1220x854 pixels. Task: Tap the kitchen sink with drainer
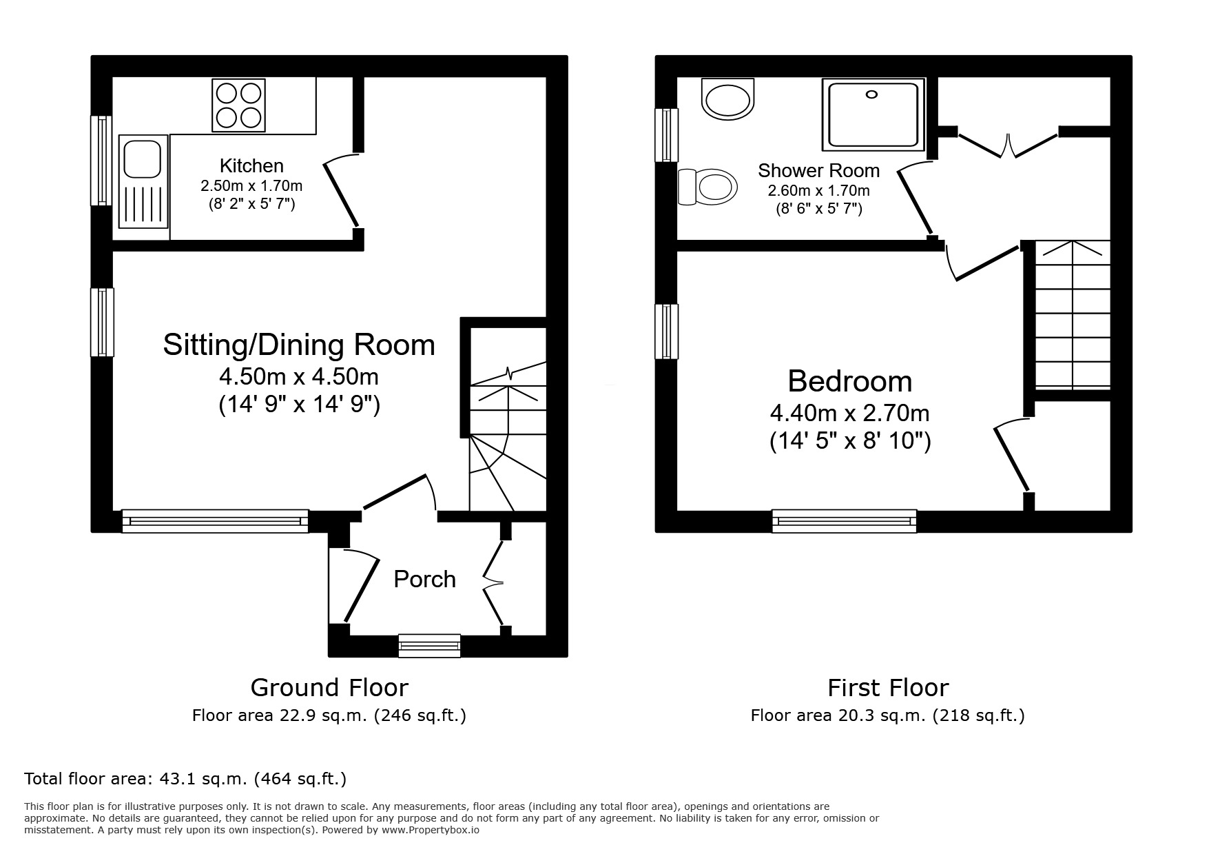coord(143,181)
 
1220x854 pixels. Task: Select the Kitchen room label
coord(251,166)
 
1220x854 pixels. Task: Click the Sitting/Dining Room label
coord(299,345)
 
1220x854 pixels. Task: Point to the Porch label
coord(424,580)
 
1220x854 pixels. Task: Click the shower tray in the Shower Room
coord(873,114)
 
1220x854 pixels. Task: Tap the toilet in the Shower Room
coord(707,187)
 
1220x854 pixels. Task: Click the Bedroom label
coord(849,381)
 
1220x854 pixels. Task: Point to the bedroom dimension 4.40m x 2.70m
coord(849,414)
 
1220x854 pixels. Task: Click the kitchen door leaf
coord(341,194)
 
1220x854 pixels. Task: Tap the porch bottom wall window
coord(429,645)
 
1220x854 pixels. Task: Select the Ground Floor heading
coord(329,688)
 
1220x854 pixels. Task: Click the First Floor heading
coord(887,688)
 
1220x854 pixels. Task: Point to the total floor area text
coord(185,780)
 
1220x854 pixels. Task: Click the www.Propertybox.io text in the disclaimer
coord(430,831)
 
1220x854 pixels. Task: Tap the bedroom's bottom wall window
coord(844,521)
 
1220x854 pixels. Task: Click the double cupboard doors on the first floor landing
coord(1007,145)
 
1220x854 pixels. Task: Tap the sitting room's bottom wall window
coord(215,521)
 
